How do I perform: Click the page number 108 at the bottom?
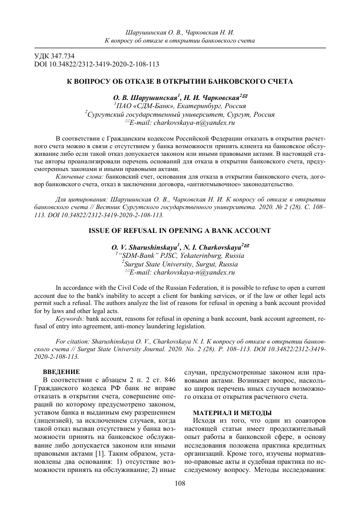[180, 484]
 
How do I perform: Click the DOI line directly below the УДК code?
[96, 64]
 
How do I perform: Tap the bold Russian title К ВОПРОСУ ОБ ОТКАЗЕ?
[180, 81]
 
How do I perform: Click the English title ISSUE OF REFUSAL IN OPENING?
[180, 230]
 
